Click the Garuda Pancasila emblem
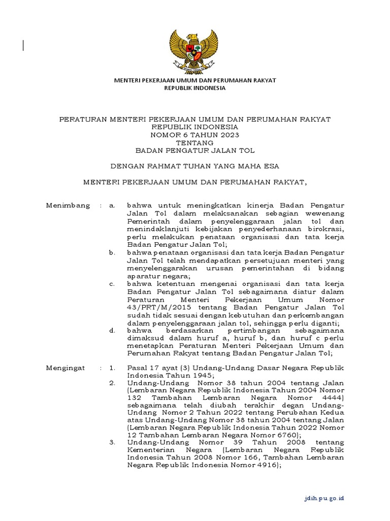click(195, 50)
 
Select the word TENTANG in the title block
click(195, 143)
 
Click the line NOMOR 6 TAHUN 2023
click(195, 135)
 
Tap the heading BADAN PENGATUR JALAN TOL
click(195, 151)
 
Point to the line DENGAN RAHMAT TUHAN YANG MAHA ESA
click(195, 166)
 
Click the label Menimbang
click(68, 206)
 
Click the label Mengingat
click(66, 367)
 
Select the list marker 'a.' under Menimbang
click(112, 206)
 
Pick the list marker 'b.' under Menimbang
click(112, 252)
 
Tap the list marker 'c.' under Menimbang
click(112, 283)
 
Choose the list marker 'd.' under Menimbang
click(112, 330)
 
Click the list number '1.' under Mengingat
click(112, 367)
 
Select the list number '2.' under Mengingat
click(112, 383)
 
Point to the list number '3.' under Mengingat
click(112, 443)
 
